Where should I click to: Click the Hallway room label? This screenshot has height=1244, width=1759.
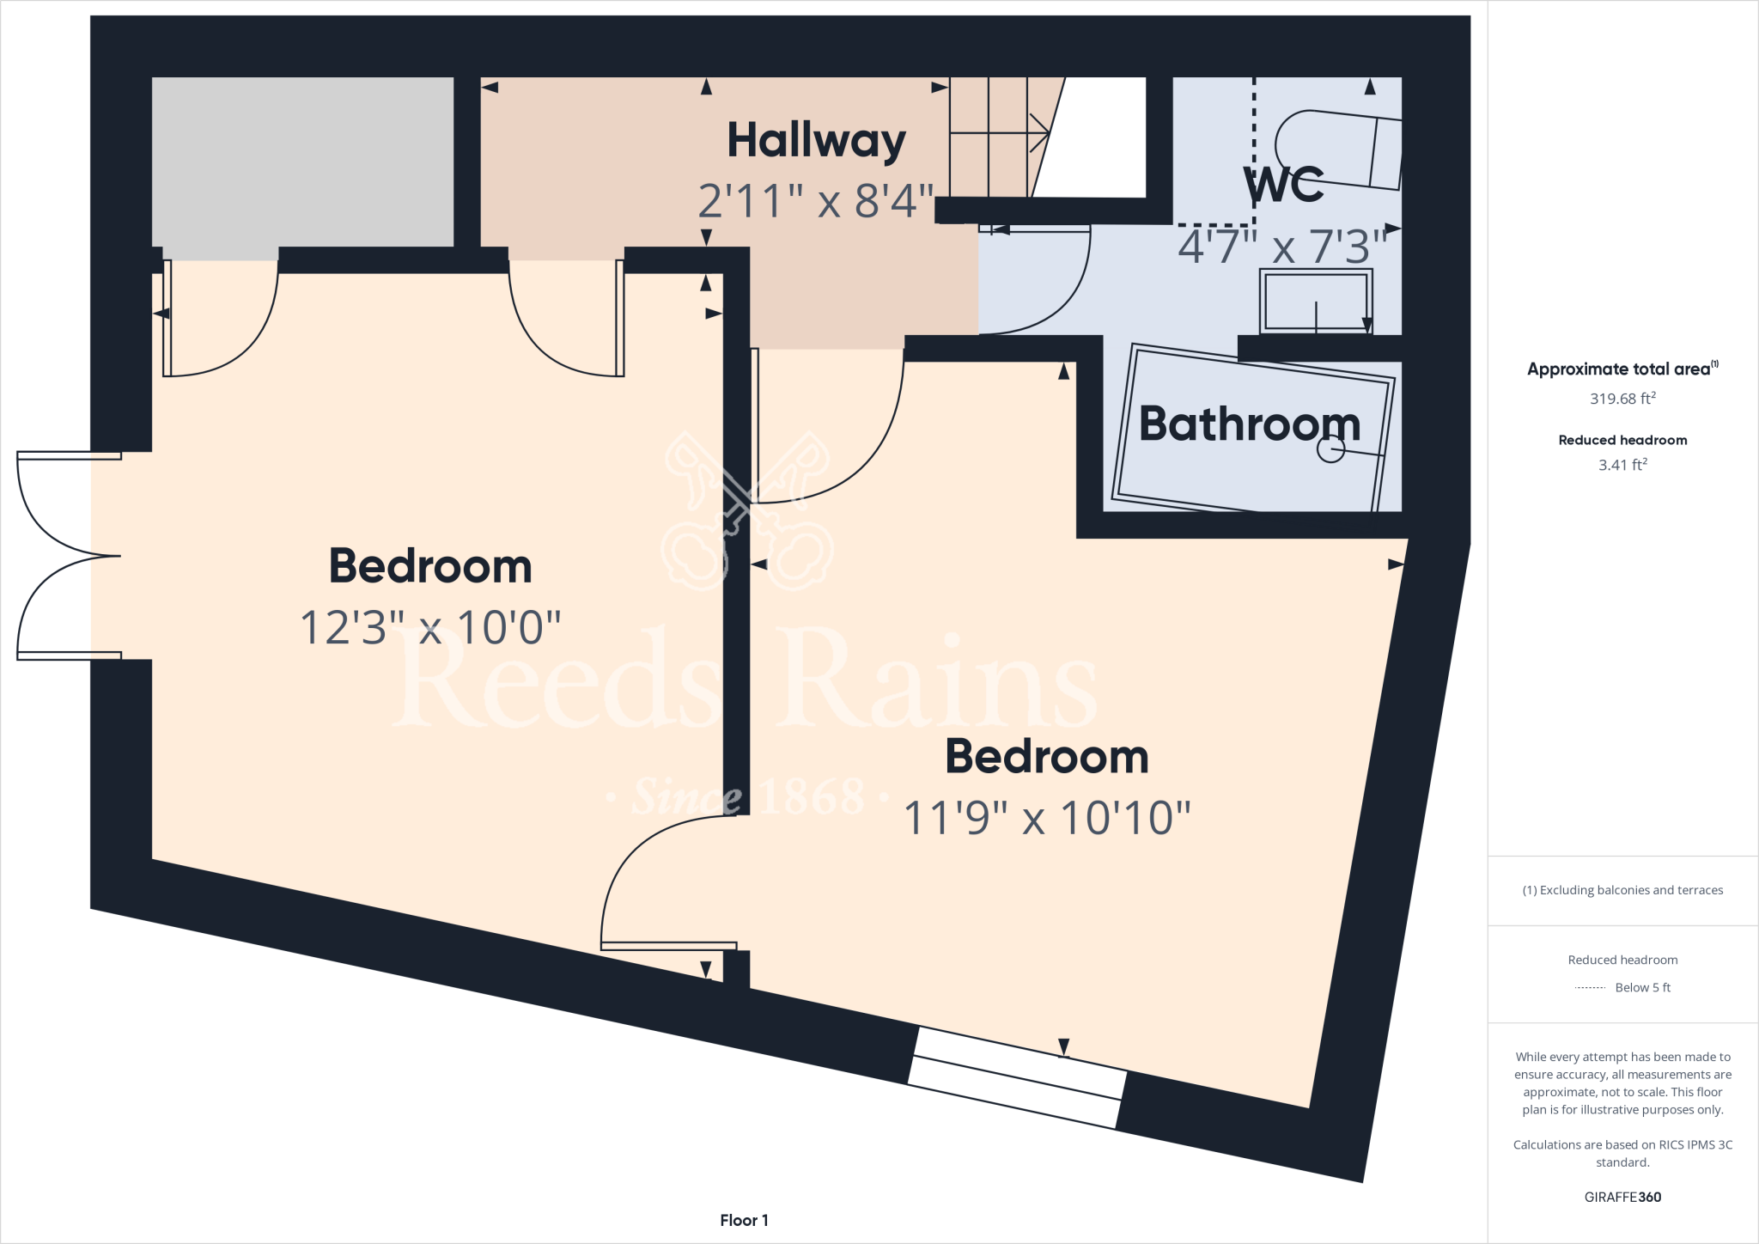[x=816, y=142]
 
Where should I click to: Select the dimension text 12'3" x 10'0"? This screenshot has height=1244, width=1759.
[x=429, y=628]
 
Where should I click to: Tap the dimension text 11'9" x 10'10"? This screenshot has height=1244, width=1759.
[x=1047, y=818]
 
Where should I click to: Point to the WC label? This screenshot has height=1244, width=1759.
[x=1284, y=184]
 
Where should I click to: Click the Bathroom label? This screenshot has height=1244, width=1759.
[x=1250, y=424]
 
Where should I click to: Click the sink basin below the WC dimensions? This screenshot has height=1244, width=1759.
[x=1315, y=301]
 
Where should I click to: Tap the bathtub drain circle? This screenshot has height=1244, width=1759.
[x=1330, y=448]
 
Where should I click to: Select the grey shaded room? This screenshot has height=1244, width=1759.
[x=302, y=162]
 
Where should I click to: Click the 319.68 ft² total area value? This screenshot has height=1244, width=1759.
[x=1622, y=399]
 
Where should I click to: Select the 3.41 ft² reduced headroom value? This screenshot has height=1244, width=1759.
[x=1622, y=465]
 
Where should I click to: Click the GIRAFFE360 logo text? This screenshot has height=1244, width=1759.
[x=1622, y=1197]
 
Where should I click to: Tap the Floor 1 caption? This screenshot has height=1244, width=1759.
[x=744, y=1220]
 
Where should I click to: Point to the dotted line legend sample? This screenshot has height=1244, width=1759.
[x=1590, y=988]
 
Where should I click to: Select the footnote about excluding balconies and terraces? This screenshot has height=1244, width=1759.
[x=1622, y=890]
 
